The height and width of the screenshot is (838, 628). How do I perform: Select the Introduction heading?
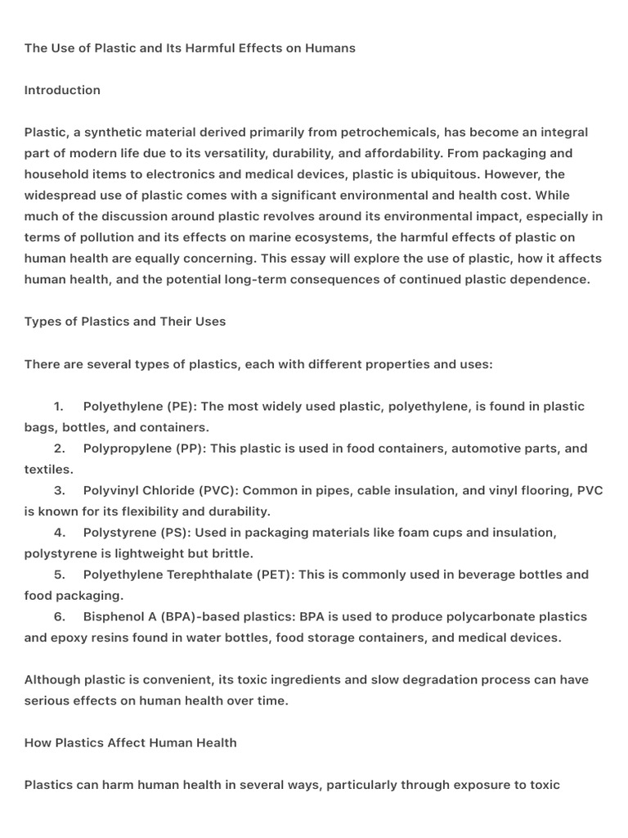coord(62,90)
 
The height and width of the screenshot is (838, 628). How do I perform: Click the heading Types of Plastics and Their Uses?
coord(125,322)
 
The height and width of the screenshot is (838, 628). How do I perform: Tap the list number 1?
coord(59,407)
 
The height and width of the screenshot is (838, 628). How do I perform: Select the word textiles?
coord(47,470)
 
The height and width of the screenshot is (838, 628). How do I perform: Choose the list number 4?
coord(59,533)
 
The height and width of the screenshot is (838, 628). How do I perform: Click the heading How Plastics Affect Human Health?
coord(131,743)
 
